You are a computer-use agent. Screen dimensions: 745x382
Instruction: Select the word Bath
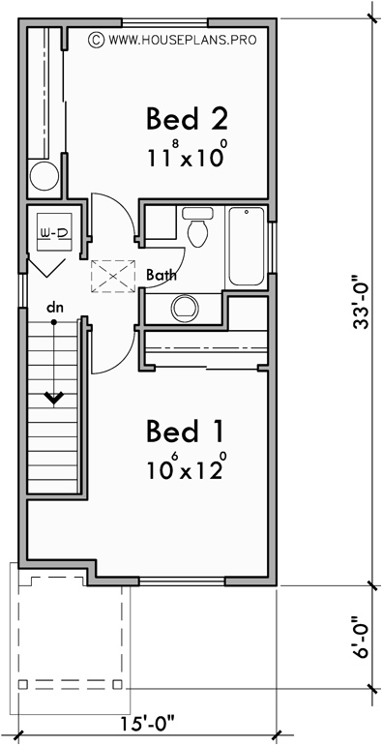(162, 275)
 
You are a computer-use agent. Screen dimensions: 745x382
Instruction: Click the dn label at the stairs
(56, 309)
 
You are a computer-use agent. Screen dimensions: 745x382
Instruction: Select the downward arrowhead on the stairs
(54, 397)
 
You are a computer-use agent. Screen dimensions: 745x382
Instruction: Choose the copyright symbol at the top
(95, 40)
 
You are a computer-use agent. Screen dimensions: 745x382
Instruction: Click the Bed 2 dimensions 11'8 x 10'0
(188, 155)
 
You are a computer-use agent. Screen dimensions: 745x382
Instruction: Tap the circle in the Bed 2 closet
(44, 177)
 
